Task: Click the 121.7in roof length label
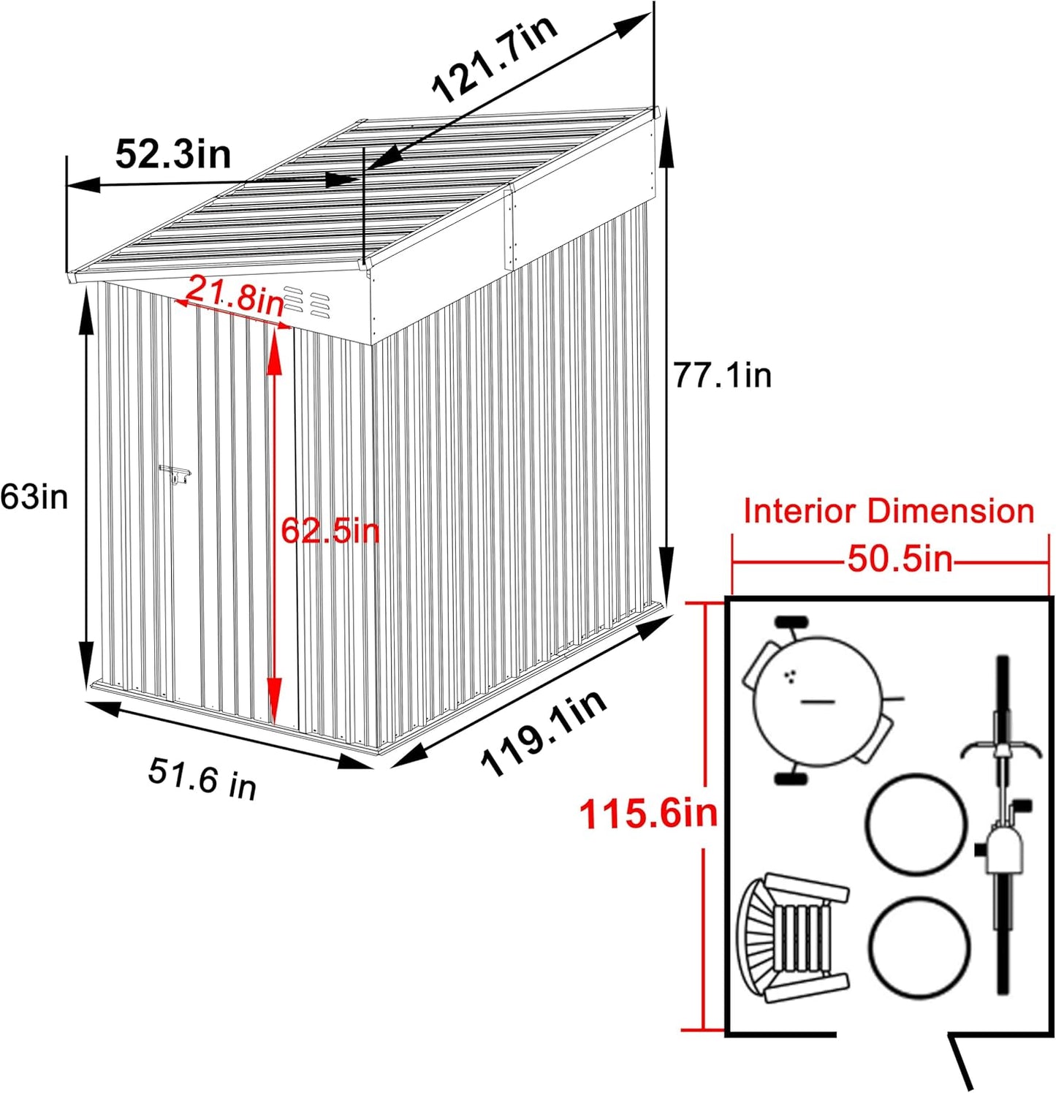click(x=495, y=58)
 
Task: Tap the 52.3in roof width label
click(x=173, y=154)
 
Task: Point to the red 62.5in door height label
click(x=330, y=530)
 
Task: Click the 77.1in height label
click(x=722, y=376)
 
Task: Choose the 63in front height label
click(x=34, y=497)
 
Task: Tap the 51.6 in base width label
click(x=202, y=779)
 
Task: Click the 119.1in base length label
click(x=544, y=733)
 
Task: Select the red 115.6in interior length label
click(x=648, y=813)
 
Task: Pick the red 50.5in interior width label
click(x=900, y=560)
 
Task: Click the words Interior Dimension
click(x=889, y=511)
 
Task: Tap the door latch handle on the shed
click(x=175, y=474)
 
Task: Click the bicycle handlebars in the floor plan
click(x=1001, y=749)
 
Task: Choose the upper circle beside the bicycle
click(x=916, y=824)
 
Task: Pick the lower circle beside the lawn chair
click(x=919, y=947)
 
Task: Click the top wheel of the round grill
click(x=791, y=623)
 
